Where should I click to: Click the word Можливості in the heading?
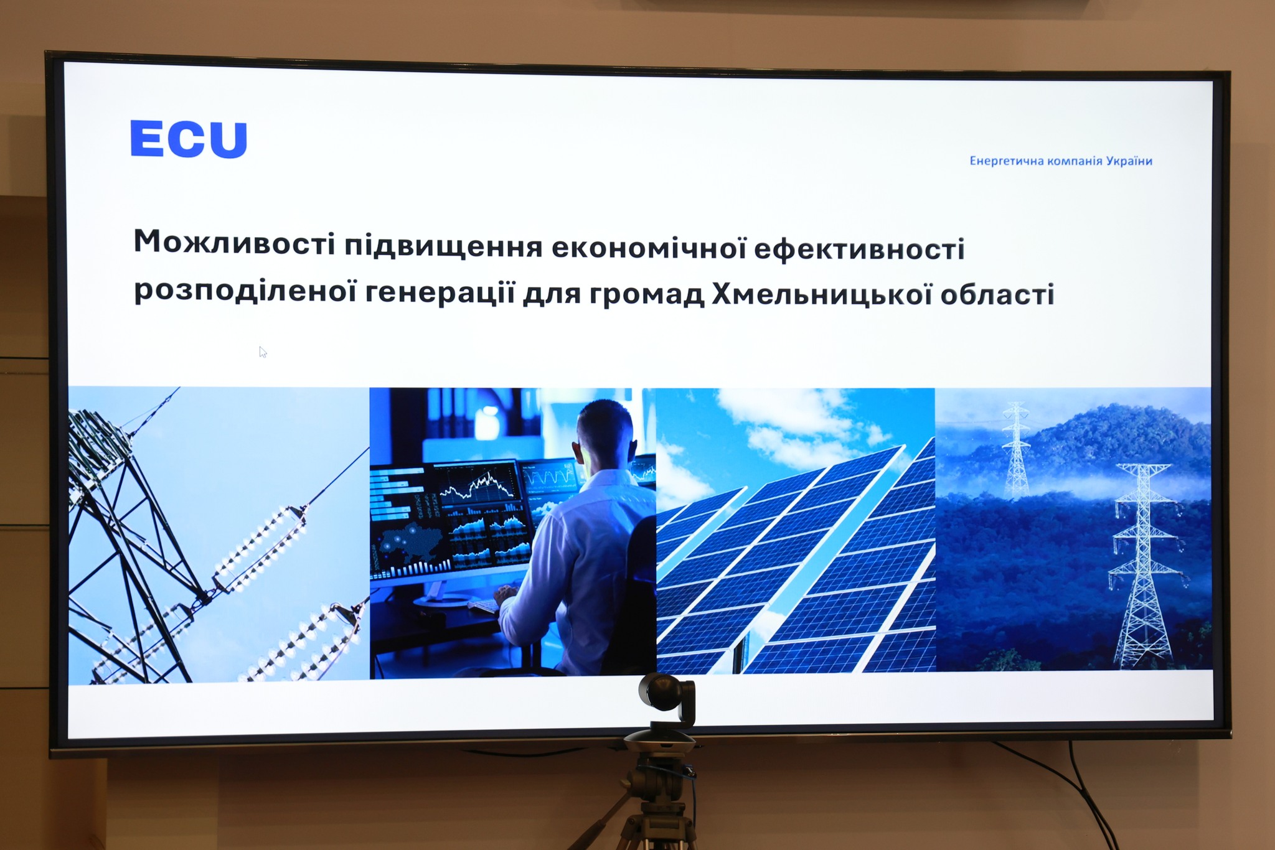click(x=235, y=242)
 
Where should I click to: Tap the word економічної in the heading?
click(x=649, y=247)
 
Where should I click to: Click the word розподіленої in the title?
click(x=245, y=291)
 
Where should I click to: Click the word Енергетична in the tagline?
click(x=1007, y=161)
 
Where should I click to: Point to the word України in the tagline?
click(x=1129, y=161)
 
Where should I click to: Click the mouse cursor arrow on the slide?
click(x=263, y=352)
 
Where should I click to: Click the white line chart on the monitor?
click(x=478, y=486)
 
